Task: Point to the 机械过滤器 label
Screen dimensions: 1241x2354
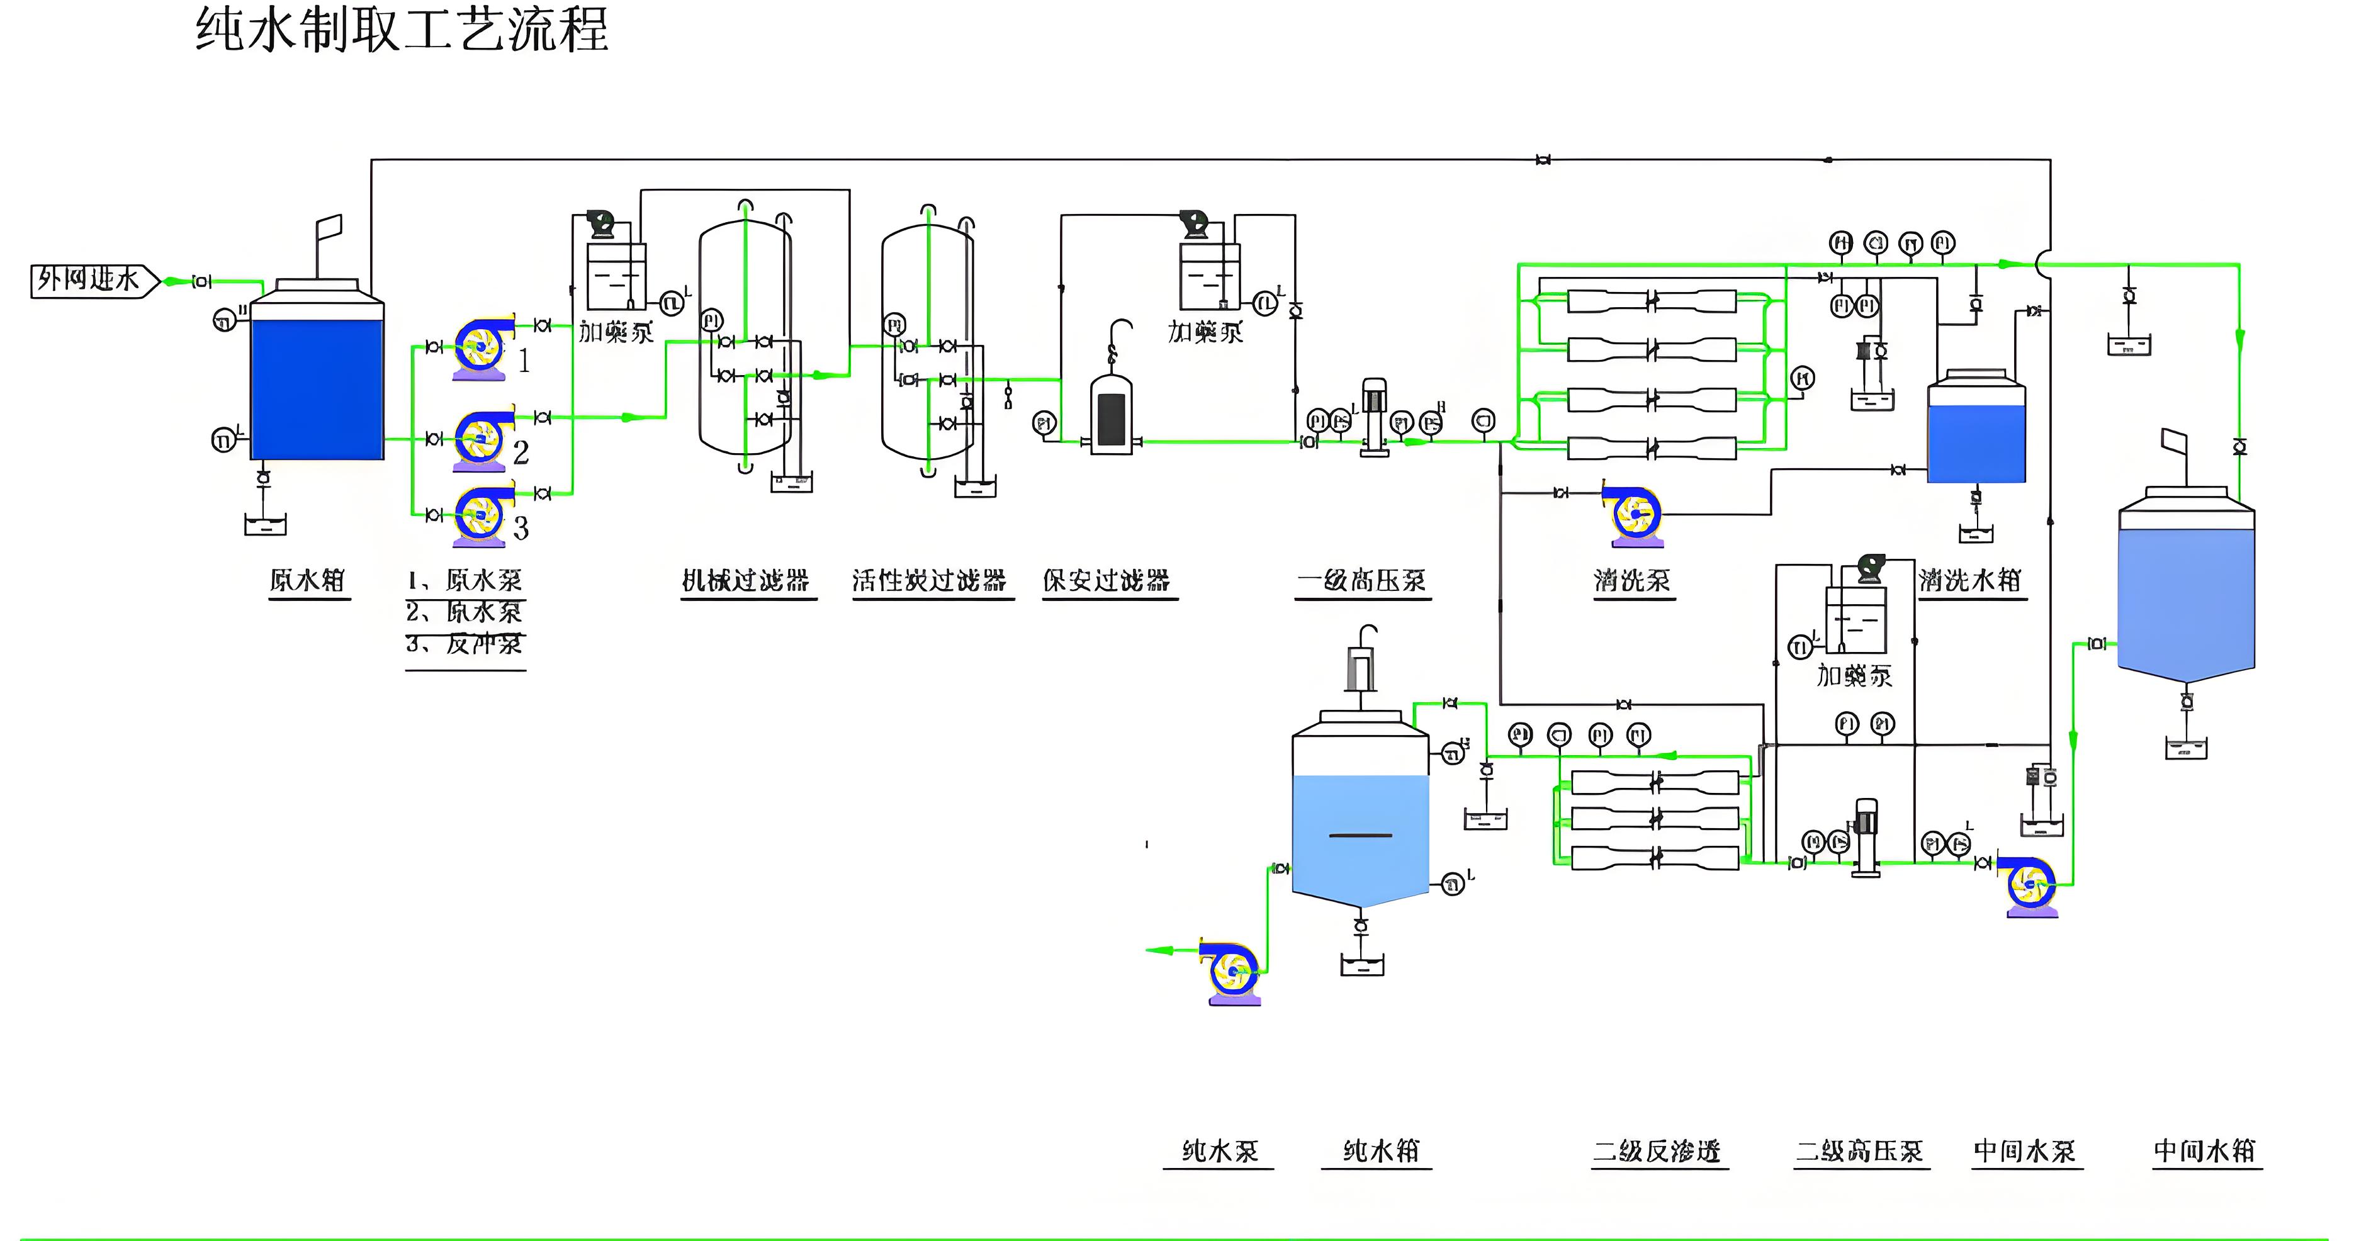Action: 746,580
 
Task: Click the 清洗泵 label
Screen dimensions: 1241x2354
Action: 1632,580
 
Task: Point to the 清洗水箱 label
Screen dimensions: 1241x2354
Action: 1970,580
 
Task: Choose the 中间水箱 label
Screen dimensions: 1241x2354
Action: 2205,1150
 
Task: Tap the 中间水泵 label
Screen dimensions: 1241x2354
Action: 2025,1150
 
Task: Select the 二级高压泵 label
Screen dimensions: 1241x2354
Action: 1860,1150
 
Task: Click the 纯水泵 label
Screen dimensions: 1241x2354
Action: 1220,1150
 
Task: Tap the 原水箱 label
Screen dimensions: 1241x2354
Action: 307,580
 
